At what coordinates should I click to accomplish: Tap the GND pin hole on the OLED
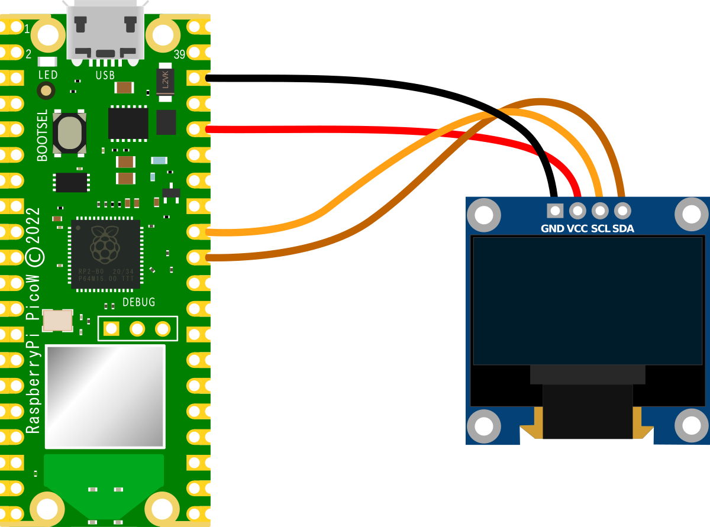[x=555, y=210]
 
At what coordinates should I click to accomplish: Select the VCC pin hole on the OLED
[x=577, y=210]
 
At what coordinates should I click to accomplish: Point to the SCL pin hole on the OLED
[x=600, y=210]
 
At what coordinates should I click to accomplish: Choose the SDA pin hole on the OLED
[x=622, y=210]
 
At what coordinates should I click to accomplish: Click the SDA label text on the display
[x=623, y=228]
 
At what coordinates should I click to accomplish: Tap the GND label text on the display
[x=553, y=228]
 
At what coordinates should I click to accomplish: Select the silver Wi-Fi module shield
[x=105, y=396]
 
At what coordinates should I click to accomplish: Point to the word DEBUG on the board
[x=138, y=302]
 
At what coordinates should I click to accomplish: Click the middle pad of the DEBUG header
[x=137, y=328]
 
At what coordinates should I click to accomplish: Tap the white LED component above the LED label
[x=47, y=62]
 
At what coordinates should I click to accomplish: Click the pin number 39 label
[x=180, y=55]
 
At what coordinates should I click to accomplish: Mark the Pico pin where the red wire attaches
[x=195, y=129]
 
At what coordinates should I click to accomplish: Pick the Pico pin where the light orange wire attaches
[x=195, y=232]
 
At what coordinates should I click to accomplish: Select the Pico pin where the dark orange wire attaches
[x=195, y=257]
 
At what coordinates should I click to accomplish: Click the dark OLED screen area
[x=588, y=300]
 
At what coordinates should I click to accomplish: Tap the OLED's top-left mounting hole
[x=484, y=214]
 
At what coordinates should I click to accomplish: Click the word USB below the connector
[x=105, y=76]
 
